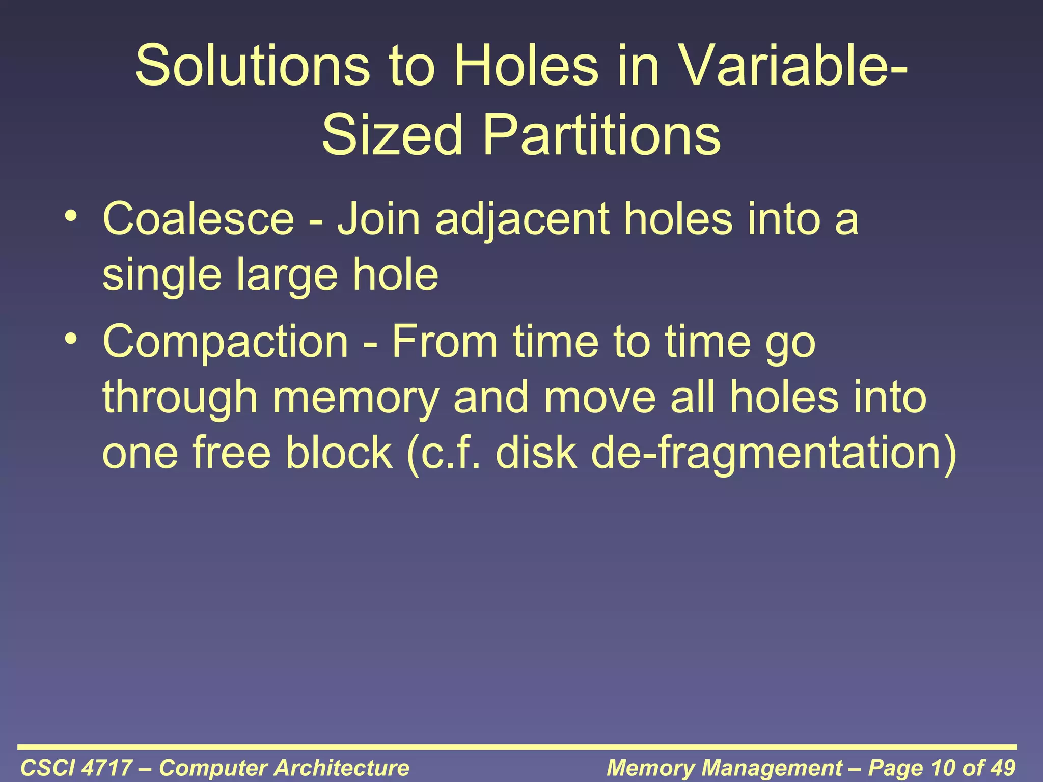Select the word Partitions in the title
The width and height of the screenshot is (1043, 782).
pos(601,135)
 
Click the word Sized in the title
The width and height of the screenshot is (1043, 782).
pos(392,135)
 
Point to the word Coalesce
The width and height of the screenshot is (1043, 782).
pos(199,219)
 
